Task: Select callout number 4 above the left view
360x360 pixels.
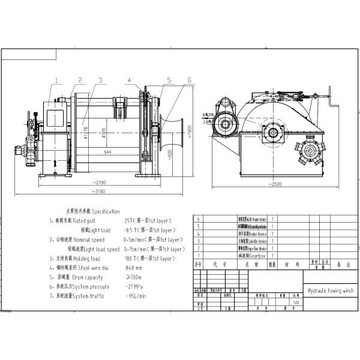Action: pos(129,79)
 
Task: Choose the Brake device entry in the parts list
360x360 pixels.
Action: pos(257,234)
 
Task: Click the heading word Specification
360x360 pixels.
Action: pos(106,212)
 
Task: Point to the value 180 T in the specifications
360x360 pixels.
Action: pos(132,258)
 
